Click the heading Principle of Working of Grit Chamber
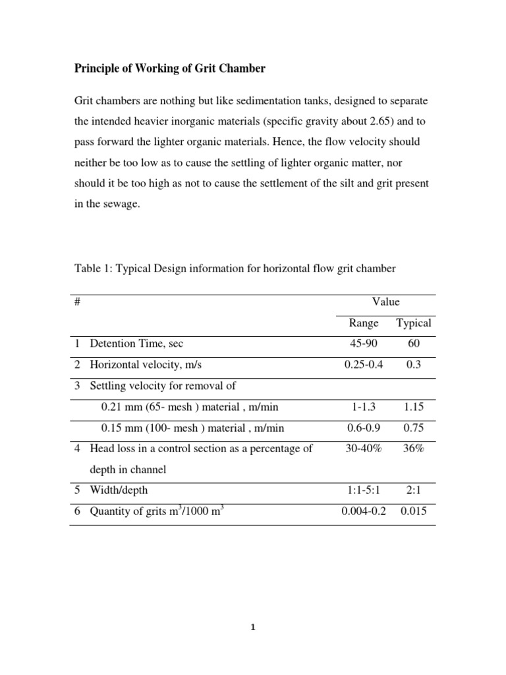pos(169,69)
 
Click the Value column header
pos(385,302)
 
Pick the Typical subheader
pos(414,323)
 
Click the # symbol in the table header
pos(77,302)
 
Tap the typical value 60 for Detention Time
pos(414,343)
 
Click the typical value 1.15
pos(414,407)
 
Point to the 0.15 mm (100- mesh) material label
pos(192,428)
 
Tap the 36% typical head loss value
pos(414,449)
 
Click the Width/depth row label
pos(119,490)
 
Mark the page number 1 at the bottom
pos(253,628)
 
